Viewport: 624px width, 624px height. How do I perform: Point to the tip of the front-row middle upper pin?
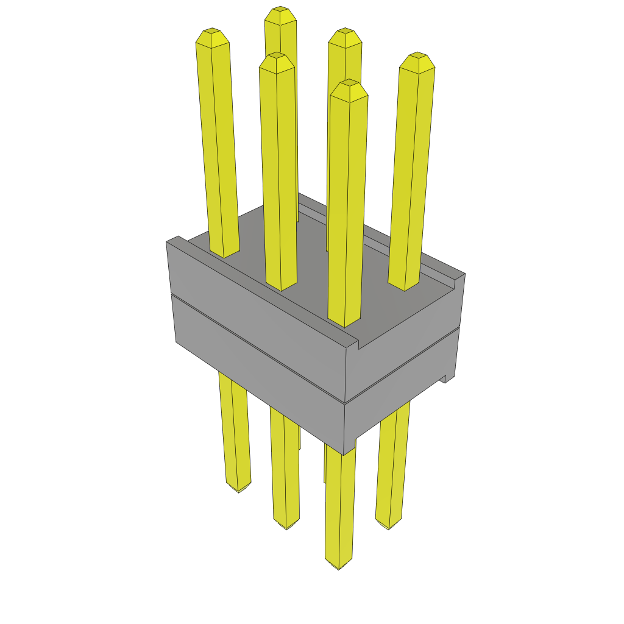(x=276, y=56)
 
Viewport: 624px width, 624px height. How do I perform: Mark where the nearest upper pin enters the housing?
(x=344, y=322)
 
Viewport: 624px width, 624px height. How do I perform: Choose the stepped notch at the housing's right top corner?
(x=457, y=281)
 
